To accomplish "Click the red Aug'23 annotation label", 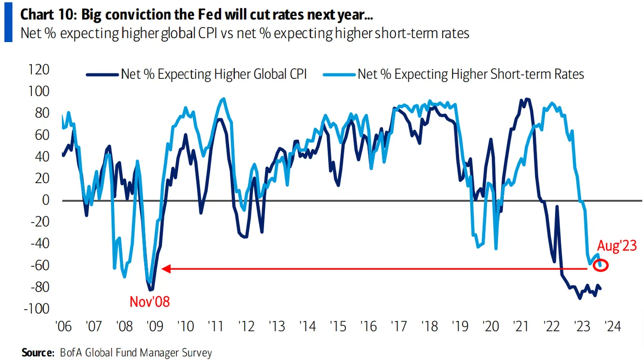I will (x=616, y=246).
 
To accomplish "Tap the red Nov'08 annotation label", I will (x=150, y=302).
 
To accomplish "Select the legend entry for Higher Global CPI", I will (x=213, y=74).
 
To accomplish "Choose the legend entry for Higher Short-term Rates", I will (x=470, y=74).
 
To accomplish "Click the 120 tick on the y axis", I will (x=39, y=70).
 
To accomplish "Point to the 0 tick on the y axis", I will (x=46, y=200).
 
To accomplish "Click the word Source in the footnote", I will (x=37, y=353).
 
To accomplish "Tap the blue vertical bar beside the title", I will (x=8, y=24).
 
